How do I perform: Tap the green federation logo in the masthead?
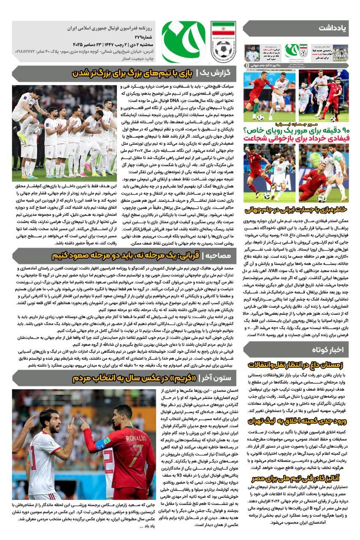(x=183, y=41)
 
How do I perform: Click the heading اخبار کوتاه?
(x=328, y=350)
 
